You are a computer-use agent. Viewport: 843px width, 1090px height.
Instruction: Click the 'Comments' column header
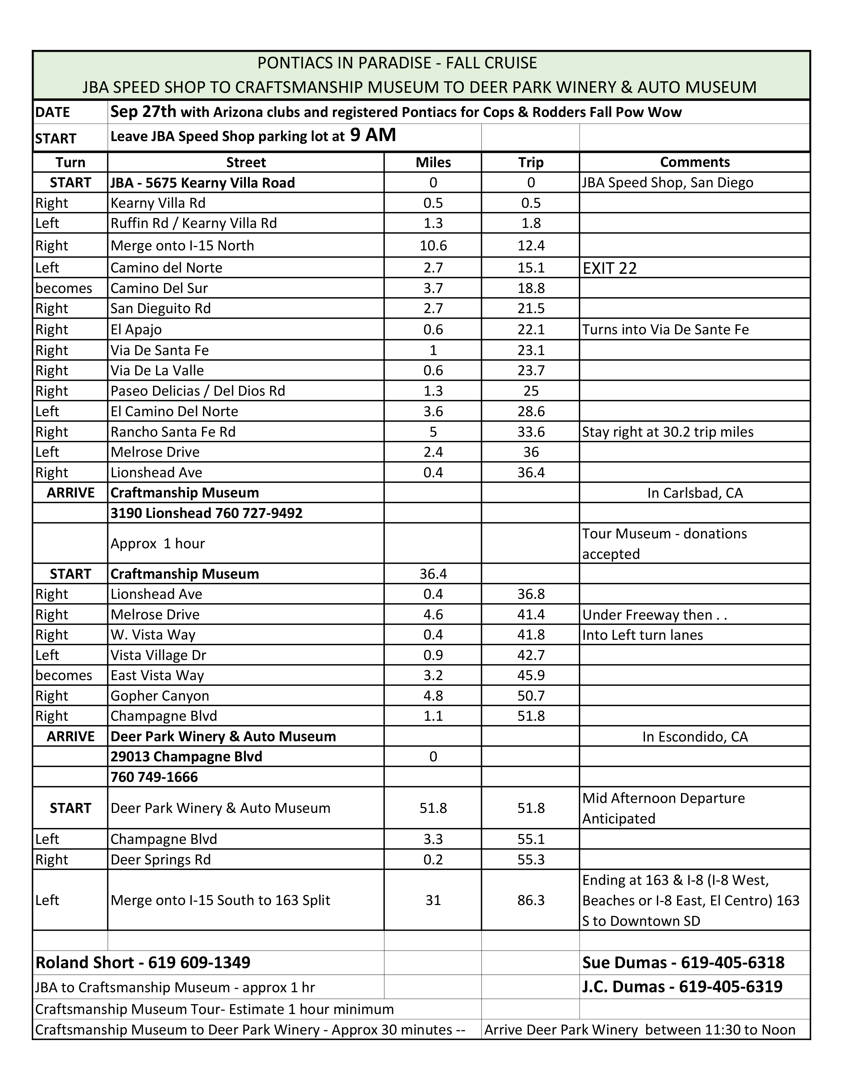coord(694,162)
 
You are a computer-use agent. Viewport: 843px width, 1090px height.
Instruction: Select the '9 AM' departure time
coord(373,135)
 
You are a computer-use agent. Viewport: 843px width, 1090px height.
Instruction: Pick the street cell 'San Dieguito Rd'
coord(160,309)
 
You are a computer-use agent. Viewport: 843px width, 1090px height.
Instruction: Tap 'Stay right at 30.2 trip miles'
coord(667,432)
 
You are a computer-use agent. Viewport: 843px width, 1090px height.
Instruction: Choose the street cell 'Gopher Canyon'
coord(160,696)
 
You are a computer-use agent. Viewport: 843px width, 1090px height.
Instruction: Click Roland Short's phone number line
coord(143,962)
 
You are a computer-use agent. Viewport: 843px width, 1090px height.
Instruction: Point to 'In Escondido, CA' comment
coord(695,737)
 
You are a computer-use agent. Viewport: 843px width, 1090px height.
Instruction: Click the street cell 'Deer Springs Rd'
coord(160,859)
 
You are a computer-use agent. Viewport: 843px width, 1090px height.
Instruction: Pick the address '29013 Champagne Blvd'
coord(186,757)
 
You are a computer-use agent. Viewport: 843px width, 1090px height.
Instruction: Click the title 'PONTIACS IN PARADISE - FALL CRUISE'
coord(397,63)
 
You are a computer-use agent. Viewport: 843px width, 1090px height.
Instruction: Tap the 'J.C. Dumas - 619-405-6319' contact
coord(682,987)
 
